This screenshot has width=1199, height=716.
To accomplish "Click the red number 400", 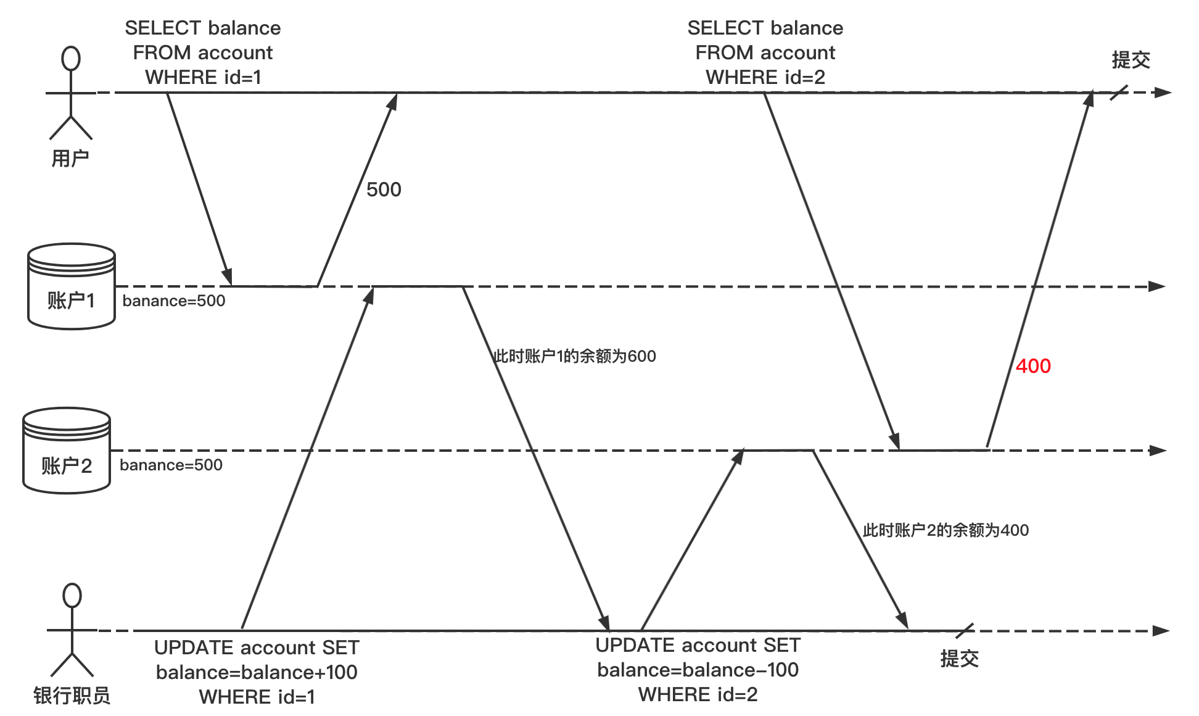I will [1033, 366].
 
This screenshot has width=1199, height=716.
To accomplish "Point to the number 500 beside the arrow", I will [384, 189].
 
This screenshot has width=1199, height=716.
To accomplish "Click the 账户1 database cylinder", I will [72, 287].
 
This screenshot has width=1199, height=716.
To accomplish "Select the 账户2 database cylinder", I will [67, 451].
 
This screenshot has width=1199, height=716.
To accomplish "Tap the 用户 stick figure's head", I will [71, 59].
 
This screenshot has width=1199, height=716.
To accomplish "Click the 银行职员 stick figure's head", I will [72, 596].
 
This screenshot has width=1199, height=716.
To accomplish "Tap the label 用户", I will [70, 159].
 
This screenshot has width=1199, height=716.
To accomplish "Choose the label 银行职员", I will [72, 696].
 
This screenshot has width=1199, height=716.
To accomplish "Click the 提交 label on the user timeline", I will [1131, 60].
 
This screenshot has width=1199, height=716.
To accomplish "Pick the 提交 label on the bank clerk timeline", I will [959, 659].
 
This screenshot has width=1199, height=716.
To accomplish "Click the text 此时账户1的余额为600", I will [575, 356].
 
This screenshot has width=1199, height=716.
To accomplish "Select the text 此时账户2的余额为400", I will [946, 530].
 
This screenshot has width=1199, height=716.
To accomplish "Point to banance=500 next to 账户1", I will [174, 301].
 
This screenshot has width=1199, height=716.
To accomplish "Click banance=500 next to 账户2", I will [171, 465].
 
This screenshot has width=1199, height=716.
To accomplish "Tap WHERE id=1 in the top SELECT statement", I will [203, 77].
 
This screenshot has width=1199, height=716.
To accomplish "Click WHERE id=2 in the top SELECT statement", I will [765, 77].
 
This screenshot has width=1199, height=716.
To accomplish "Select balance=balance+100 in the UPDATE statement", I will [257, 672].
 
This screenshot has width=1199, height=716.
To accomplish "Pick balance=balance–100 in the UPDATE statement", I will [698, 670].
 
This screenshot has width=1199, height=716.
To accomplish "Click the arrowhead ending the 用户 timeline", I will [1163, 93].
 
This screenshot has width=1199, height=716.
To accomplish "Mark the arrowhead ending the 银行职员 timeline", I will [1161, 631].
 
